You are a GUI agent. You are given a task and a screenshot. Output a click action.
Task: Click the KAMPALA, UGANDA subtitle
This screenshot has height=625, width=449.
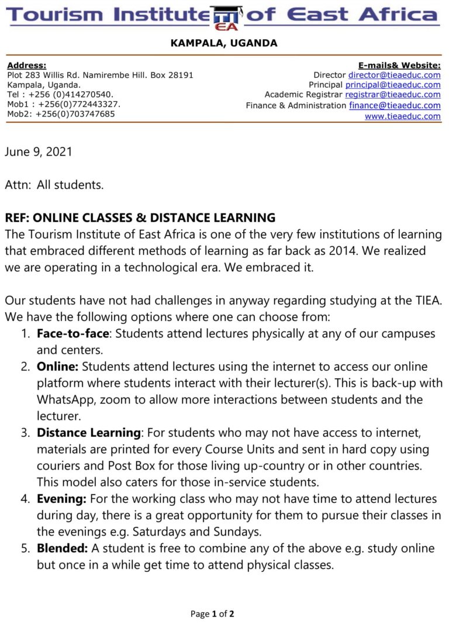224,43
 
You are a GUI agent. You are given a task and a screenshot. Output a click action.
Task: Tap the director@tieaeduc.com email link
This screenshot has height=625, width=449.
394,75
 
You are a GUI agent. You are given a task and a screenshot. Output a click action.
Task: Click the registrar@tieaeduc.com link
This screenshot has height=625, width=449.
392,95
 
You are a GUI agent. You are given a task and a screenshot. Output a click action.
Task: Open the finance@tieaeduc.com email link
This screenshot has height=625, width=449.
395,105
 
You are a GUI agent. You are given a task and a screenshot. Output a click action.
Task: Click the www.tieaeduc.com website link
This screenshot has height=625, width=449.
402,116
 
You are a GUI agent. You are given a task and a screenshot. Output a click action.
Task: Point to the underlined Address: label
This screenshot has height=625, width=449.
26,65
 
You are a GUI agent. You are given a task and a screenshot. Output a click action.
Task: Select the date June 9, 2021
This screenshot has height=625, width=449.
39,152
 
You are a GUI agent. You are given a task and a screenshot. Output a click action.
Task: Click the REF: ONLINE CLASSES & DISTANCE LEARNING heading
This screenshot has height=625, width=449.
140,218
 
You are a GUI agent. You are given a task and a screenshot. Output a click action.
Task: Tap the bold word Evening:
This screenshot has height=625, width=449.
61,499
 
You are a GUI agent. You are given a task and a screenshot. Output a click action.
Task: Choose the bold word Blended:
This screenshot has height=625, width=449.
63,548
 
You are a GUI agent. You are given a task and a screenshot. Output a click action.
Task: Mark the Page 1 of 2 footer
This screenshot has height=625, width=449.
212,614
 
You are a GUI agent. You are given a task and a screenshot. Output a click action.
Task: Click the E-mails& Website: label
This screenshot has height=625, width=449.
399,65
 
